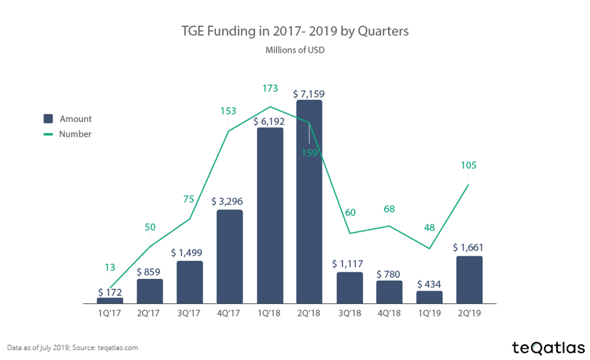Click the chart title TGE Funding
click(x=294, y=32)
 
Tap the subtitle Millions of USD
click(x=295, y=50)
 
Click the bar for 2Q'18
click(x=309, y=202)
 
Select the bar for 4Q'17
click(x=230, y=256)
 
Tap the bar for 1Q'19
click(x=429, y=297)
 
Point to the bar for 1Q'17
click(x=110, y=300)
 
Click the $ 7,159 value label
click(x=309, y=93)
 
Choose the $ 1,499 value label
click(x=189, y=253)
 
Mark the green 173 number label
click(x=270, y=89)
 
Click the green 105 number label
click(x=468, y=166)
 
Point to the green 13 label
click(x=110, y=268)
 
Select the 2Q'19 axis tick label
click(x=469, y=313)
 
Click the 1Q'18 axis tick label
click(x=269, y=313)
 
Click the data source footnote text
click(x=73, y=348)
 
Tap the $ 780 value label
click(x=389, y=273)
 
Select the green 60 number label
click(x=350, y=212)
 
